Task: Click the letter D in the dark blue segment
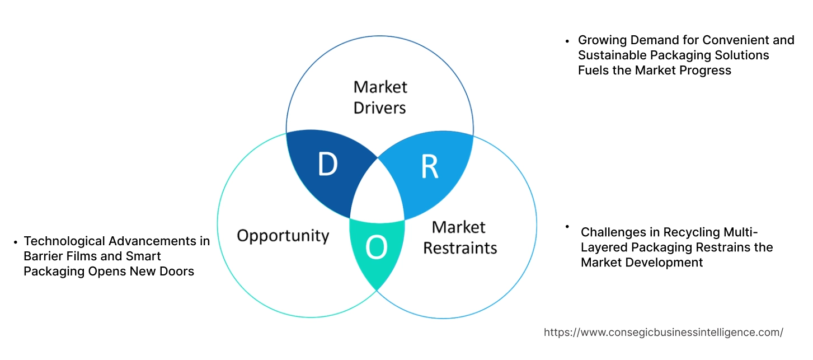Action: (327, 165)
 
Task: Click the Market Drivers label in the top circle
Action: (380, 97)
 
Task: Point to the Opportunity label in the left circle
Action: (283, 235)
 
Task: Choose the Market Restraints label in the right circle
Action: (459, 237)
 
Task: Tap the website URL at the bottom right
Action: (663, 332)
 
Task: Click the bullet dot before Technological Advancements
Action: (15, 242)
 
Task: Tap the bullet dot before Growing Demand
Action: (567, 41)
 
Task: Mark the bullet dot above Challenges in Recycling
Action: (567, 226)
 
